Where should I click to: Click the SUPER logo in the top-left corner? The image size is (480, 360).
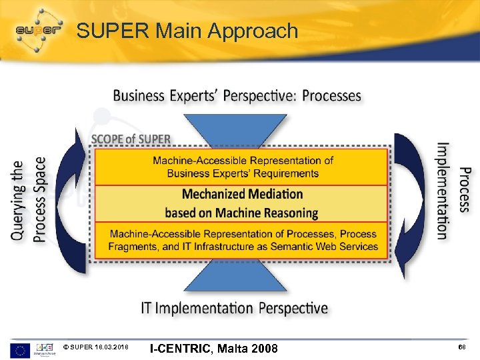(x=38, y=30)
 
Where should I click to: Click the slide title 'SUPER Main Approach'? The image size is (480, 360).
(x=187, y=31)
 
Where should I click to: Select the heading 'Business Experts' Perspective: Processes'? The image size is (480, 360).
(x=237, y=96)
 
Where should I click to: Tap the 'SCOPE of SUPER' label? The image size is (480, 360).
(x=131, y=139)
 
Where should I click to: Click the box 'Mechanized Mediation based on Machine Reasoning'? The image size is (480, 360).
(x=241, y=203)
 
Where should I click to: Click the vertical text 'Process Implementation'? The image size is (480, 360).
(x=453, y=190)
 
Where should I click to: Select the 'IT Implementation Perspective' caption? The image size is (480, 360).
(x=234, y=308)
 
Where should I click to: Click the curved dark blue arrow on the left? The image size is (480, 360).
(x=70, y=200)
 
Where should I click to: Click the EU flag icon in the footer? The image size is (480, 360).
(x=19, y=349)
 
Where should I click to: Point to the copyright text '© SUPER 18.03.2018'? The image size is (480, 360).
(x=97, y=349)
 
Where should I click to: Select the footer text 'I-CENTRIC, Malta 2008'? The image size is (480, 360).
(x=213, y=349)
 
